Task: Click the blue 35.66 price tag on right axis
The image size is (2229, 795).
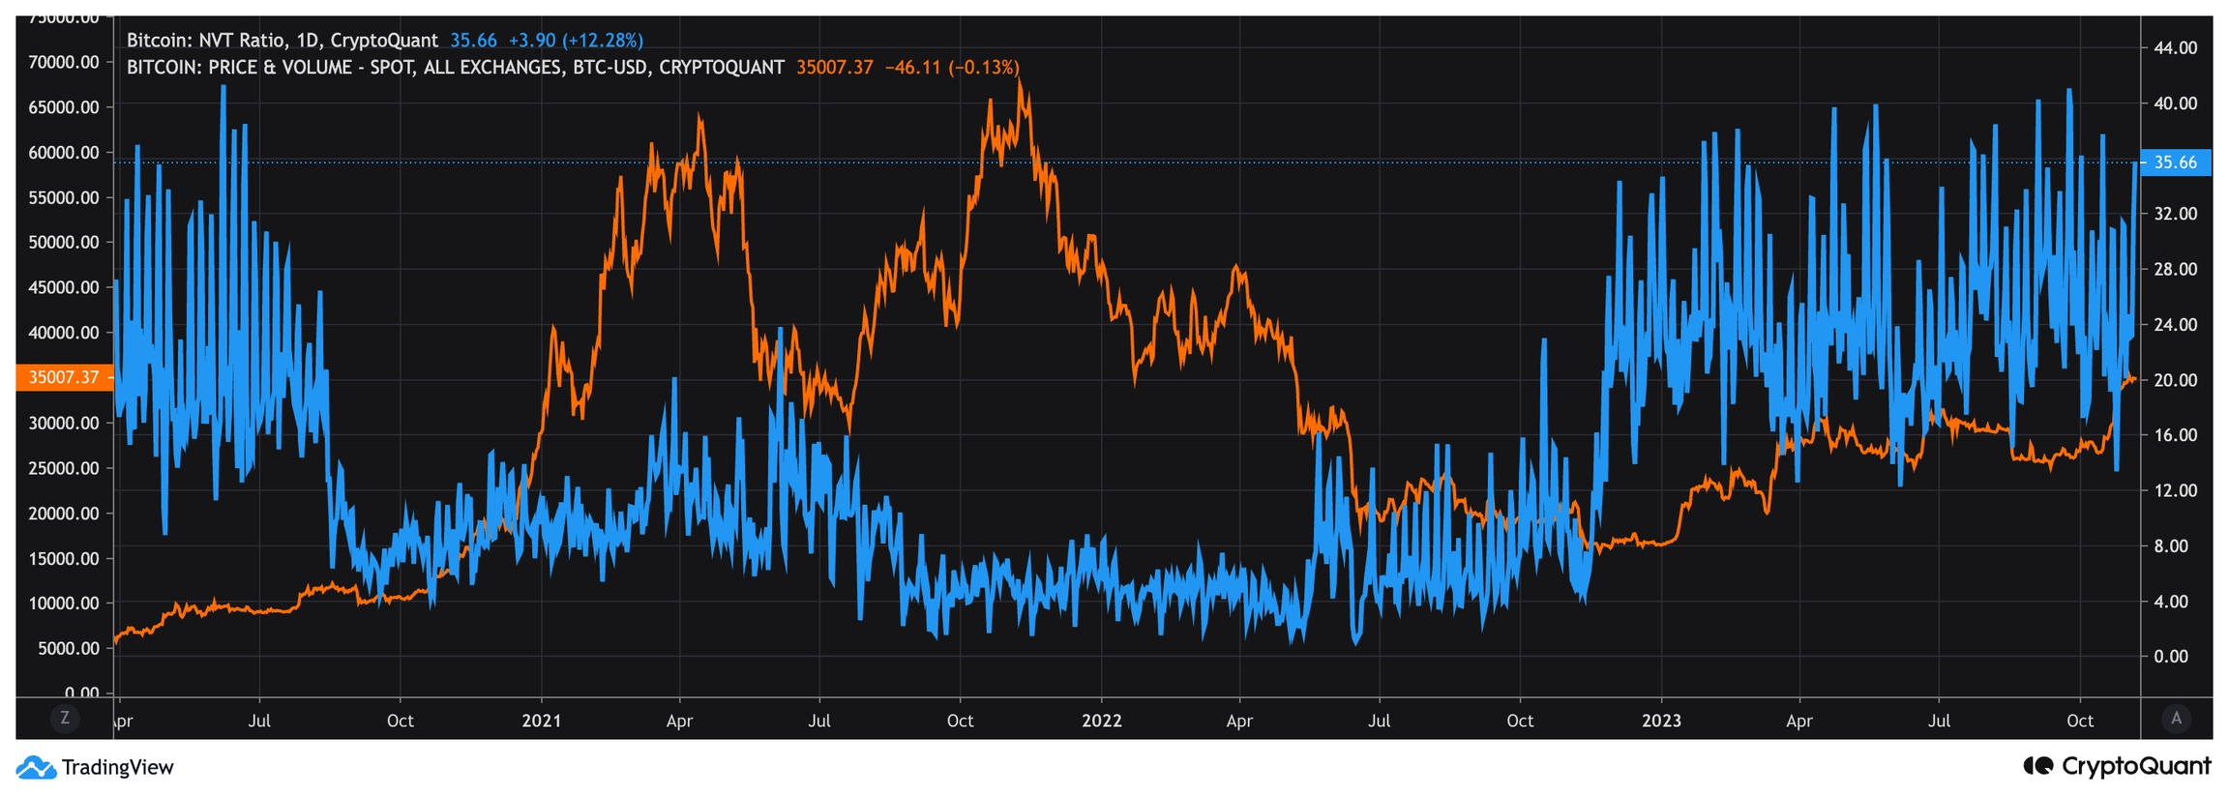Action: click(x=2175, y=162)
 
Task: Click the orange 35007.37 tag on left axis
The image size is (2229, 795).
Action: click(x=64, y=377)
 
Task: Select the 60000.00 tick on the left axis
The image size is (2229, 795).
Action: click(x=64, y=153)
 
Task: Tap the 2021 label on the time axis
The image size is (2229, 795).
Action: click(x=541, y=721)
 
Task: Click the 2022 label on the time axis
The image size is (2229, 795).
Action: click(x=1101, y=721)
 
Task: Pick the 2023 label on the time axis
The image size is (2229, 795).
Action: click(x=1661, y=721)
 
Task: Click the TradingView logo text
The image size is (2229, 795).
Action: click(x=117, y=768)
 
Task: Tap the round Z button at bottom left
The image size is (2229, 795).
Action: click(x=65, y=718)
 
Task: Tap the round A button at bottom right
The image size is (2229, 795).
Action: click(x=2176, y=718)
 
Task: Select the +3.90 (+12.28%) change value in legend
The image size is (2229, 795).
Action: click(x=576, y=41)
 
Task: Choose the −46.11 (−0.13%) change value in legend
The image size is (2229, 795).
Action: click(x=951, y=68)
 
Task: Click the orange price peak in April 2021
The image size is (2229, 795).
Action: click(x=699, y=116)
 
